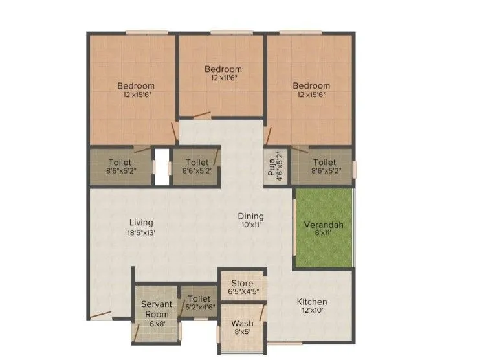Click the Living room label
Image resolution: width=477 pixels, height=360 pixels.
[140, 223]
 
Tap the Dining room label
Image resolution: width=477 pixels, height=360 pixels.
[250, 216]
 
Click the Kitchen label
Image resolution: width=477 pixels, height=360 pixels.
[312, 302]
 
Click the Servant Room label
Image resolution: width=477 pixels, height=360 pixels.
[157, 309]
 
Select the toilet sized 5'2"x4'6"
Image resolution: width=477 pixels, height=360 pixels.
[199, 303]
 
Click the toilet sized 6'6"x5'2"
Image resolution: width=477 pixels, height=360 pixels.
[196, 166]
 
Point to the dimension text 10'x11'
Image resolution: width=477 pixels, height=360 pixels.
[250, 225]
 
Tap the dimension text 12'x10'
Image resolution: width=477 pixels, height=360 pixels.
[312, 311]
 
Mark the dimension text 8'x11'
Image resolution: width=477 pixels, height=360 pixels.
[324, 234]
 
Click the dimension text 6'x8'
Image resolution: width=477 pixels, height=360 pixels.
[157, 324]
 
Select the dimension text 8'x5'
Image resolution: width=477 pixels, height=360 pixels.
[242, 332]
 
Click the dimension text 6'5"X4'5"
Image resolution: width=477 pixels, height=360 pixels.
[242, 292]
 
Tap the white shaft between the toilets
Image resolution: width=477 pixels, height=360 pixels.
[161, 166]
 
